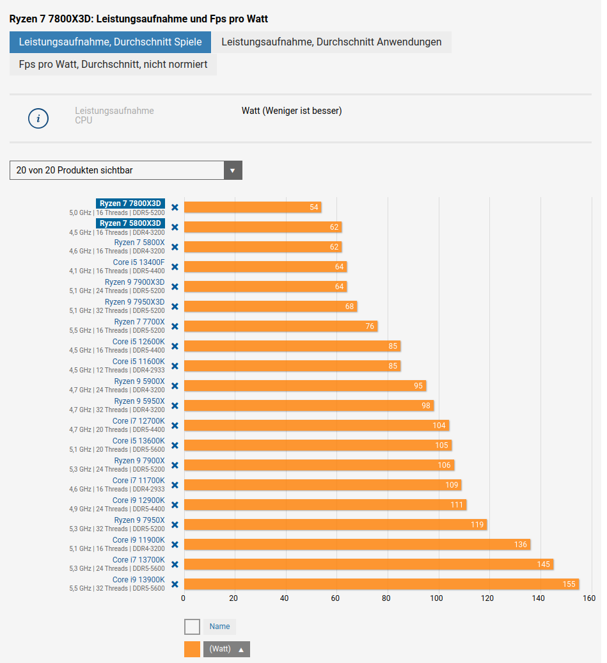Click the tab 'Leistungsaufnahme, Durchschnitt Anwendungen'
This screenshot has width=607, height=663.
pyautogui.click(x=331, y=42)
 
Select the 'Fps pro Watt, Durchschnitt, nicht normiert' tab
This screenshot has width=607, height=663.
pyautogui.click(x=113, y=65)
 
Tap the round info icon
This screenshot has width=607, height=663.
pyautogui.click(x=38, y=118)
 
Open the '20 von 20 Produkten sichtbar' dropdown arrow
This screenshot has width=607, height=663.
pyautogui.click(x=233, y=170)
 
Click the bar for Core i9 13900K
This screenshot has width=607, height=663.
pyautogui.click(x=381, y=584)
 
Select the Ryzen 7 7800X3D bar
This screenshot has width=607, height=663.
pyautogui.click(x=252, y=207)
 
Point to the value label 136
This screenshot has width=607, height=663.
pyautogui.click(x=521, y=545)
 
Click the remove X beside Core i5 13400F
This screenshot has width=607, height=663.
pyautogui.click(x=175, y=267)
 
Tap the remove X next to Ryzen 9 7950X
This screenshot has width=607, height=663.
pyautogui.click(x=175, y=525)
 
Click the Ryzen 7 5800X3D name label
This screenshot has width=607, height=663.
pyautogui.click(x=130, y=223)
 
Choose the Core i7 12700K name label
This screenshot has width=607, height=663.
pyautogui.click(x=138, y=421)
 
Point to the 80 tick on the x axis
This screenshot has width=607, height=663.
pyautogui.click(x=386, y=599)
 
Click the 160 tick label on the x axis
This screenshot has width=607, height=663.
pyautogui.click(x=589, y=599)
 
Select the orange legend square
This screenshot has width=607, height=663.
pyautogui.click(x=192, y=649)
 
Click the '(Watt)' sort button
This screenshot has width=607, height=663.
pyautogui.click(x=226, y=649)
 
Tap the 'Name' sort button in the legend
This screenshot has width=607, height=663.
pyautogui.click(x=219, y=627)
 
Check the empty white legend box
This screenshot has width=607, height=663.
pyautogui.click(x=192, y=627)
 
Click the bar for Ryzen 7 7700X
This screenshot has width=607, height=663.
pyautogui.click(x=280, y=326)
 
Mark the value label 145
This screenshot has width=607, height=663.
pyautogui.click(x=544, y=564)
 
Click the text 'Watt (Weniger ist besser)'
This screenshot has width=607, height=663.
pyautogui.click(x=292, y=111)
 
